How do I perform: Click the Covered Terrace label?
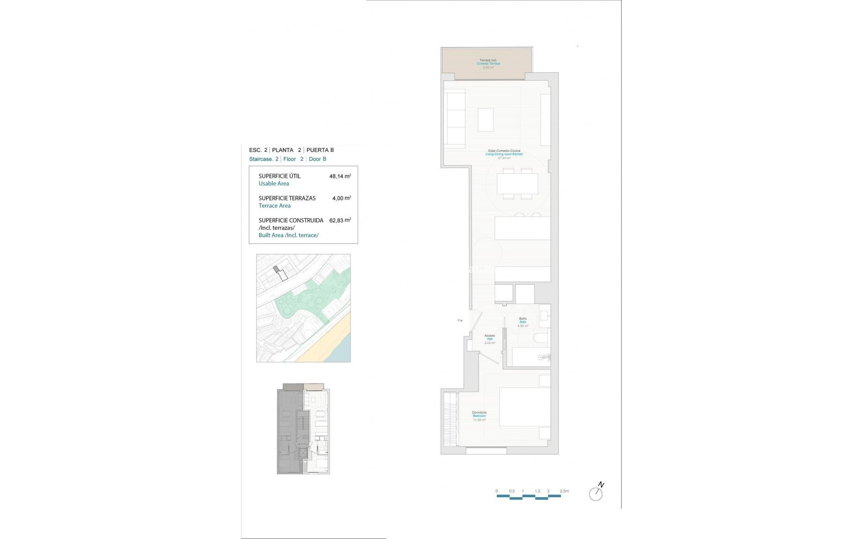point(488,64)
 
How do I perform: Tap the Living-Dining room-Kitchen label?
point(504,154)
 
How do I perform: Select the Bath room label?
point(523,322)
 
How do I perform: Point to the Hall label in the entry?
point(489,339)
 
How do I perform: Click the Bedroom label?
point(479,416)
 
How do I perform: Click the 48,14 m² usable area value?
point(340,176)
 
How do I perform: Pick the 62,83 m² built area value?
point(340,220)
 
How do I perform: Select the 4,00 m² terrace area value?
point(341,198)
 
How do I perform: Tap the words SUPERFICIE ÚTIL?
point(279,176)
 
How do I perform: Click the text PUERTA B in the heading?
point(320,150)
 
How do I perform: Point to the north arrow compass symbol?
point(596,493)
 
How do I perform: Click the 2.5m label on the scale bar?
point(564,491)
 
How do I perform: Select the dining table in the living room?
point(517,183)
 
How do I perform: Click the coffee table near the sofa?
point(485,119)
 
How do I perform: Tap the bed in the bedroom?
point(525,406)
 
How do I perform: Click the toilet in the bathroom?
point(541,338)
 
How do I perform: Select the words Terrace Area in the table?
point(275,206)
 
